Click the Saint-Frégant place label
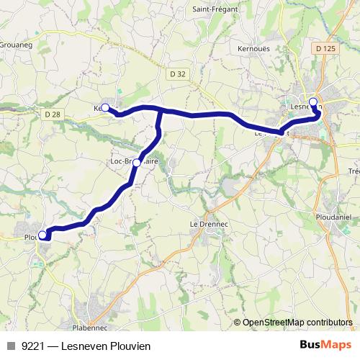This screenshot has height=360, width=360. (210, 9)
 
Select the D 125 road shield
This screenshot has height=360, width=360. (325, 48)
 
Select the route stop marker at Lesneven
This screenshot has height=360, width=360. (313, 102)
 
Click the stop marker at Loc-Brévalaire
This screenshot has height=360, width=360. (137, 163)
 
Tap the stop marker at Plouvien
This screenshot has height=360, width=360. (42, 235)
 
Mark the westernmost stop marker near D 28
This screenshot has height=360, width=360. (105, 108)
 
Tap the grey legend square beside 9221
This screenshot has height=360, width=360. (10, 346)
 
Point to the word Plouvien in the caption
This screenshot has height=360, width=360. (130, 346)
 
